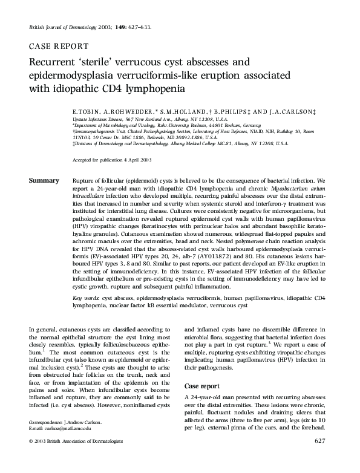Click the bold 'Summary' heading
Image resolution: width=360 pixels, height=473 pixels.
click(44, 181)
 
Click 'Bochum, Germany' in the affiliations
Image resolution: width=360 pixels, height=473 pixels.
click(205, 125)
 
